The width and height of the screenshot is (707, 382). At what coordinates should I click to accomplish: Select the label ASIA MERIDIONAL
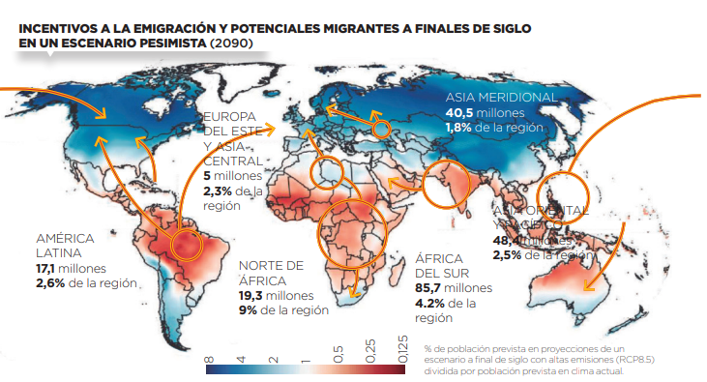pos(500,98)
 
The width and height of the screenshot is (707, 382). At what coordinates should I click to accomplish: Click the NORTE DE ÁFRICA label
pos(271,273)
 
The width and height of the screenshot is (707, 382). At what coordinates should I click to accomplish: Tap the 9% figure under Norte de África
pos(249,309)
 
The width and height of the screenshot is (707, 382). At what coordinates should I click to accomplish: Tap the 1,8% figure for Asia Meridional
pos(458,128)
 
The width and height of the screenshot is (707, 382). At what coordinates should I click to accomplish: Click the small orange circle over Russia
pos(381,127)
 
